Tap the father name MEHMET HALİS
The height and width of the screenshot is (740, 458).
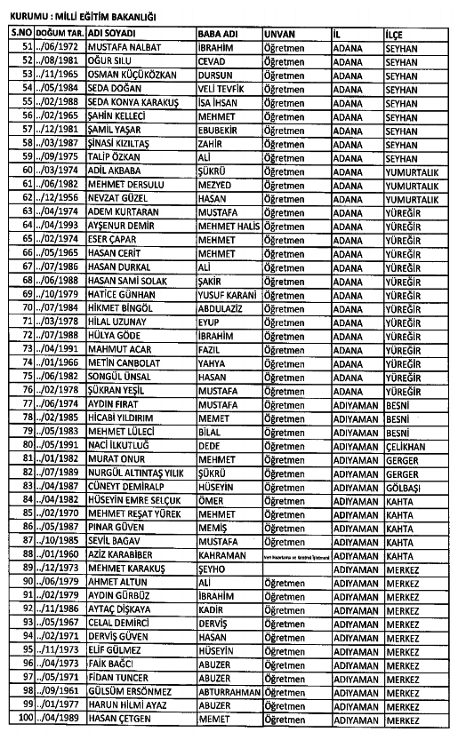[229, 227]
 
